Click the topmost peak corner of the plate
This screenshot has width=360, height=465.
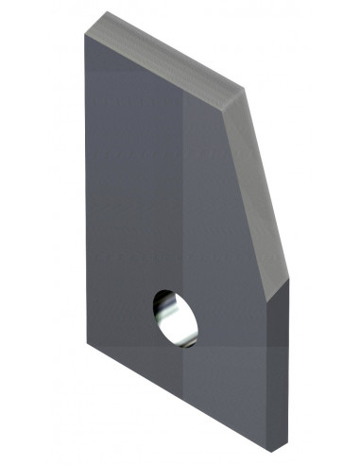point(106,12)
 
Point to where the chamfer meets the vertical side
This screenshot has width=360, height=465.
point(267,300)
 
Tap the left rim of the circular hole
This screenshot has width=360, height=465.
point(154,312)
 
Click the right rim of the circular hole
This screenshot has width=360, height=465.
point(197,321)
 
